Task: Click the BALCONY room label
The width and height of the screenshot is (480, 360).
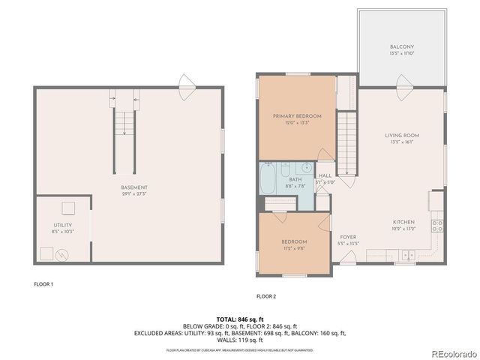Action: click(401, 47)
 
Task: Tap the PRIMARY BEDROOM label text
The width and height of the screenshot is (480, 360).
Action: click(297, 116)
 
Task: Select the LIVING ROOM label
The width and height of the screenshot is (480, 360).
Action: click(401, 136)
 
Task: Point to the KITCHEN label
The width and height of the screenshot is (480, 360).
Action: click(402, 222)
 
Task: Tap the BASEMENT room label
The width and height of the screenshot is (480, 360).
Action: click(135, 187)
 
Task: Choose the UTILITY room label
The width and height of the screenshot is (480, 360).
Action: click(62, 225)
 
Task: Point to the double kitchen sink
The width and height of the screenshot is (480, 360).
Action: click(406, 256)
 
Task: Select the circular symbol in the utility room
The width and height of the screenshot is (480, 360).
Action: click(61, 254)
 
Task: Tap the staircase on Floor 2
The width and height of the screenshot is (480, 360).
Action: click(346, 136)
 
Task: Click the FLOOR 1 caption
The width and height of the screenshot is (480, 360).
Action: click(43, 284)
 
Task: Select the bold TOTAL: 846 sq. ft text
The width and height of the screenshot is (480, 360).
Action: click(239, 319)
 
